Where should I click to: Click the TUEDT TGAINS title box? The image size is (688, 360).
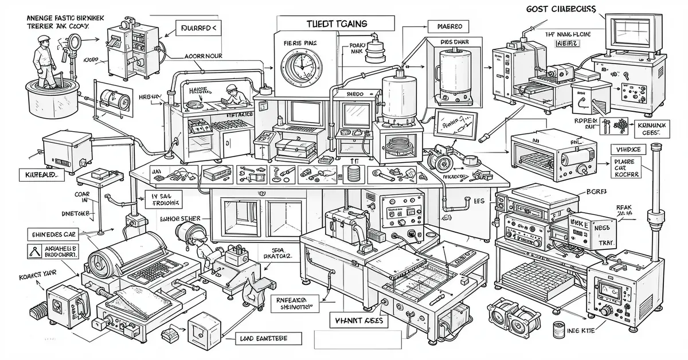(x=335, y=22)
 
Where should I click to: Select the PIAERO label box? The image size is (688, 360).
(x=449, y=26)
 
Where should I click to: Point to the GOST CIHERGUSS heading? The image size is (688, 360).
(x=560, y=9)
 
